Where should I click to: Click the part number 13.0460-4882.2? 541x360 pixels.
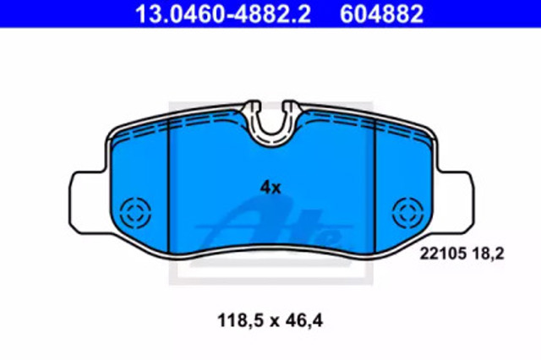coord(223,14)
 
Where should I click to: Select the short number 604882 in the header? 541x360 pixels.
coord(381,14)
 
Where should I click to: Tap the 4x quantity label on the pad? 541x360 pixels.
coord(270,188)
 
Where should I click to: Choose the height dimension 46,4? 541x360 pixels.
coord(304,320)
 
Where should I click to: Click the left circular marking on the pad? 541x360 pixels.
coord(135,213)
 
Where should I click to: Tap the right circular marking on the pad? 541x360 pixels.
coord(407,213)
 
